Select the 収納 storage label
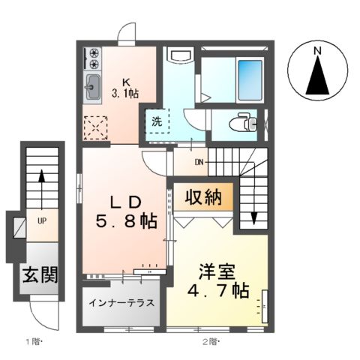click(204, 198)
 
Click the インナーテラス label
click(121, 304)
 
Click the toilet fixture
click(242, 121)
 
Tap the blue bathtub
click(247, 76)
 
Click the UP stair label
click(42, 221)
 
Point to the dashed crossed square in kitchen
click(95, 128)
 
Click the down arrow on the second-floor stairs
click(253, 216)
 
